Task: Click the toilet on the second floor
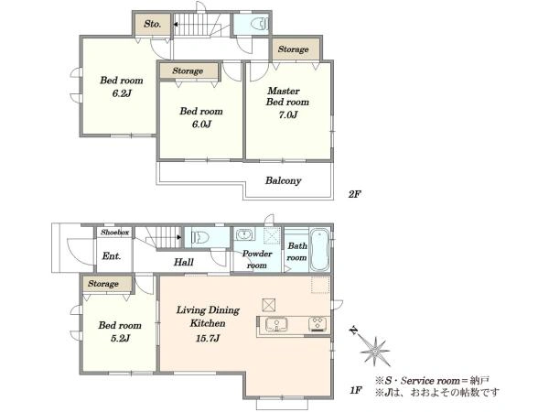point(260,24)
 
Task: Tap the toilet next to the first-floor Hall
point(200,237)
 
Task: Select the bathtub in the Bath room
point(319,249)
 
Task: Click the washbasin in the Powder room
point(244,234)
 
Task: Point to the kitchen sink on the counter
point(276,324)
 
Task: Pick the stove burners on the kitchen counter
point(318,324)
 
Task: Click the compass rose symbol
point(374,351)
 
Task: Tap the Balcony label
point(283,180)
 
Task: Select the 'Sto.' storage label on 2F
point(153,24)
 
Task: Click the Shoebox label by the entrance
point(115,233)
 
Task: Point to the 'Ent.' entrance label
point(112,256)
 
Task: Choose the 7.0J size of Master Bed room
point(288,114)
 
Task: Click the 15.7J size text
point(208,338)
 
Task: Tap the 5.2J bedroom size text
point(120,338)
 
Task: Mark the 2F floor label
point(354,194)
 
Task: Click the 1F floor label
point(356,390)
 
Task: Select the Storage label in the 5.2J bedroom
point(103,284)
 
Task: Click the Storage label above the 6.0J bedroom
point(188,70)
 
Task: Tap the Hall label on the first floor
point(184,262)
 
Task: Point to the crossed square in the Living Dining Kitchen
point(268,305)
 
